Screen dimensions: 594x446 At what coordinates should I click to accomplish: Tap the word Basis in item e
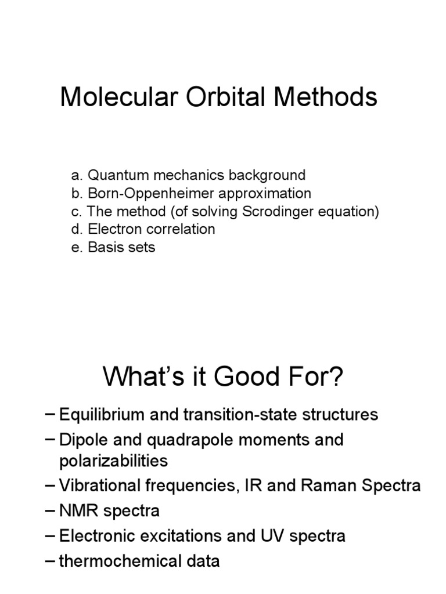pos(102,247)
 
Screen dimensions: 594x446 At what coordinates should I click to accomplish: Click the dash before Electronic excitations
pos(51,536)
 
